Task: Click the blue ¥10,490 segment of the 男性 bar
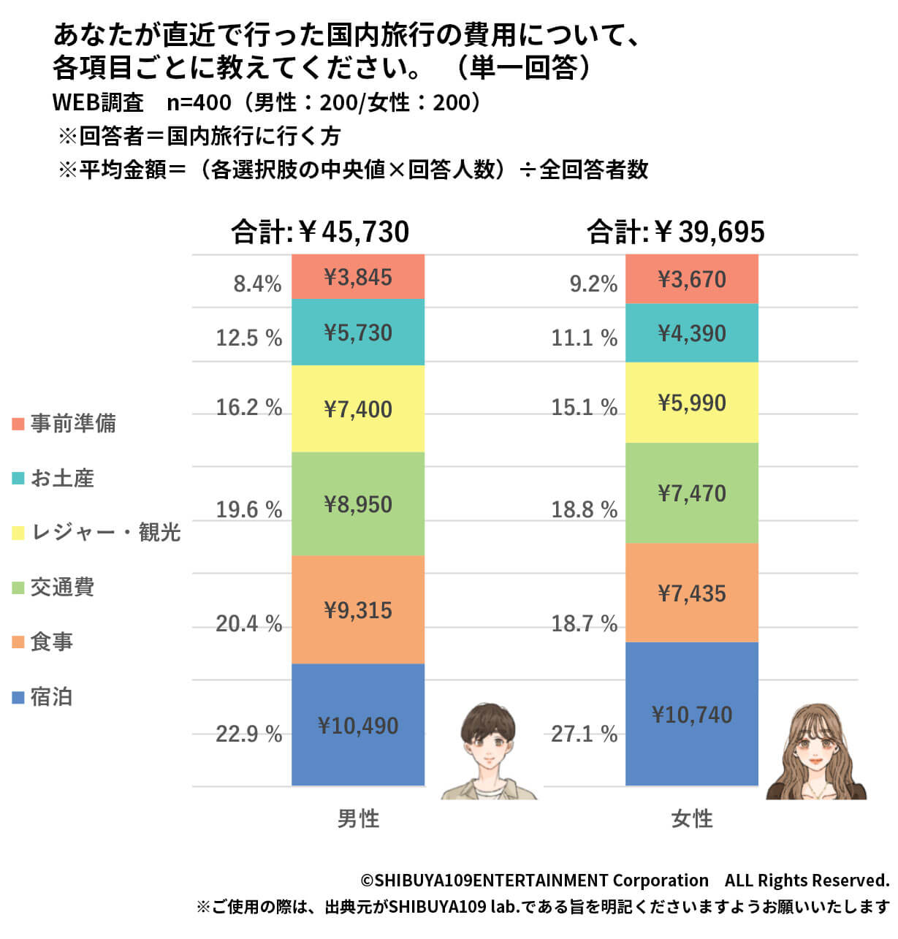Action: click(358, 725)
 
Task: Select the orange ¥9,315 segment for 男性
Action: click(358, 609)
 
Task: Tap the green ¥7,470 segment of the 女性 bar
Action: click(692, 493)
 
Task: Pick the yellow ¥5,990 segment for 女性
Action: click(692, 403)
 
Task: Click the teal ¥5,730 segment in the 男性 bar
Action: click(358, 332)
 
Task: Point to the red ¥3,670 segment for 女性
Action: click(692, 279)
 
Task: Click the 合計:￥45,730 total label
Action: click(320, 232)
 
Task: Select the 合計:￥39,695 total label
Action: click(676, 232)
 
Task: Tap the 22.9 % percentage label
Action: click(248, 734)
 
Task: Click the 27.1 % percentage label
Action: click(584, 734)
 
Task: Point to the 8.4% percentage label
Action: click(257, 284)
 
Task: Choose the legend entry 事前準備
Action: click(72, 423)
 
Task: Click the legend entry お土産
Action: click(62, 478)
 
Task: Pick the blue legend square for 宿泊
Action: click(18, 697)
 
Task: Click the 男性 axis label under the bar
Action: click(358, 818)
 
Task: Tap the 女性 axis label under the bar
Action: click(692, 818)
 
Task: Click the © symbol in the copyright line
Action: click(367, 881)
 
